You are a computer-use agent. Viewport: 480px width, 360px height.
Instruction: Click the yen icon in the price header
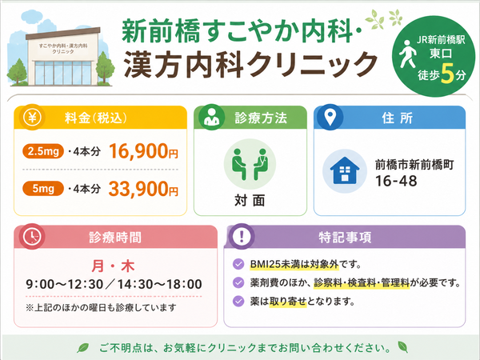tap(32, 118)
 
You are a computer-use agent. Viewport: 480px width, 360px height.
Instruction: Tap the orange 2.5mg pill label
tap(43, 151)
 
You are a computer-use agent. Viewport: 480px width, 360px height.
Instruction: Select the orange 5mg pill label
tap(43, 188)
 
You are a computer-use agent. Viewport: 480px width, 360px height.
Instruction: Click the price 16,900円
tap(143, 151)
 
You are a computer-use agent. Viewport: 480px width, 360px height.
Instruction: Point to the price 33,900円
tap(143, 189)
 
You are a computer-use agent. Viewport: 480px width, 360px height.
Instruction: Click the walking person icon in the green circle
tap(407, 54)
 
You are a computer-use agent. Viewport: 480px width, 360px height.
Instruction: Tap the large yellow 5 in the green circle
tap(447, 74)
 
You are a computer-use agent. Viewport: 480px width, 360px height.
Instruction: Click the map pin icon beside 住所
tap(330, 118)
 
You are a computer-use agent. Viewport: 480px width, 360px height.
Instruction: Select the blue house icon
tap(344, 170)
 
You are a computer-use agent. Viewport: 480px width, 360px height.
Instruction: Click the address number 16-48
tap(396, 181)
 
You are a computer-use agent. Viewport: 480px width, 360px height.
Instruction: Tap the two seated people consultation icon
tap(250, 164)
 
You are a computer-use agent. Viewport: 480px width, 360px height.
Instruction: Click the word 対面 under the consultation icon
tap(250, 201)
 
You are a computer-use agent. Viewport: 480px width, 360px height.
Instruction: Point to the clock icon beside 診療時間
tap(32, 237)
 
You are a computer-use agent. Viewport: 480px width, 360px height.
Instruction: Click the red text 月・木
tap(114, 266)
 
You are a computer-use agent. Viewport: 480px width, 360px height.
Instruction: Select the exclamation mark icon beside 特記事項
tap(242, 236)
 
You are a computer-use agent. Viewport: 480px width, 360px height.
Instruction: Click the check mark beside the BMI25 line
tap(238, 264)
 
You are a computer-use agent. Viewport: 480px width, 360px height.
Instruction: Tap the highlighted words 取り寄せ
tap(288, 302)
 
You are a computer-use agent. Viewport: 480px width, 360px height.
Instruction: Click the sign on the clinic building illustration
tap(63, 49)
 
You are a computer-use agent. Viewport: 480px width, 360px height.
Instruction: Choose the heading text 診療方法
tap(261, 118)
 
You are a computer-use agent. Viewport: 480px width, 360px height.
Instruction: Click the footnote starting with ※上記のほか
tap(101, 307)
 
